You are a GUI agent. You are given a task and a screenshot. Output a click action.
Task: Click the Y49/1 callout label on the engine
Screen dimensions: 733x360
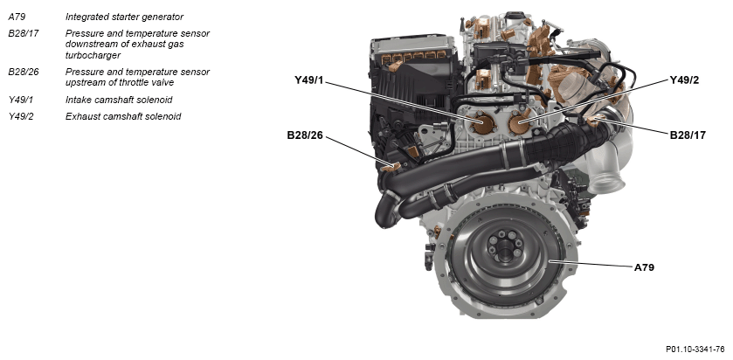point(308,80)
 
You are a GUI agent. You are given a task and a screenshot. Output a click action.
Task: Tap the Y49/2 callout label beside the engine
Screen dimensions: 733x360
point(684,80)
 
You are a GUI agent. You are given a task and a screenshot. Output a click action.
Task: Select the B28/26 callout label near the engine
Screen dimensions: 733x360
point(305,135)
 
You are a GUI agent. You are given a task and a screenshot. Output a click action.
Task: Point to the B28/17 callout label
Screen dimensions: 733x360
point(688,135)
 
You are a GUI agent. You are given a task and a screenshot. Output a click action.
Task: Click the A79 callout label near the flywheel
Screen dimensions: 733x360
point(644,267)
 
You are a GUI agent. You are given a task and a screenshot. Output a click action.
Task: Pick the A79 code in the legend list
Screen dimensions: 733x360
point(17,17)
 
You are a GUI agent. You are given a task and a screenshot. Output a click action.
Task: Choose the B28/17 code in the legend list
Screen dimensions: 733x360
point(24,34)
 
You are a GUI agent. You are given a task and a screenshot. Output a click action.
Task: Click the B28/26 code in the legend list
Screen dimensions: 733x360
point(24,72)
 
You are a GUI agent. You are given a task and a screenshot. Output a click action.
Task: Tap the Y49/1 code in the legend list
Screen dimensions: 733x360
point(21,100)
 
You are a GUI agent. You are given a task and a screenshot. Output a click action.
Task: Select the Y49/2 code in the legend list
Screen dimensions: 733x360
point(21,116)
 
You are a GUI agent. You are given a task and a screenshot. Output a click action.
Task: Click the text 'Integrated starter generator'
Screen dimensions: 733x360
point(124,17)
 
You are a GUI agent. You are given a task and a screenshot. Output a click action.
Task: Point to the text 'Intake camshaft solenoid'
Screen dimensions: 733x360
point(119,100)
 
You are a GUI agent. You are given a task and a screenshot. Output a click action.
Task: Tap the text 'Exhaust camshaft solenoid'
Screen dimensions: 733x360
point(123,116)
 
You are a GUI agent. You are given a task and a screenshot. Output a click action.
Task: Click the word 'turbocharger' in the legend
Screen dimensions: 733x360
point(93,55)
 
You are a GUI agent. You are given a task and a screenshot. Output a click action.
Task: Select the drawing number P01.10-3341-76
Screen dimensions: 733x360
point(695,350)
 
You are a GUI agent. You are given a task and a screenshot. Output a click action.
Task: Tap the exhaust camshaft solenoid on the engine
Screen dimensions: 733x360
point(519,123)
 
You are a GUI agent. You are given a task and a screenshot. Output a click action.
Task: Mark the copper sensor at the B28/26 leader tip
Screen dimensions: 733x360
point(391,167)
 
